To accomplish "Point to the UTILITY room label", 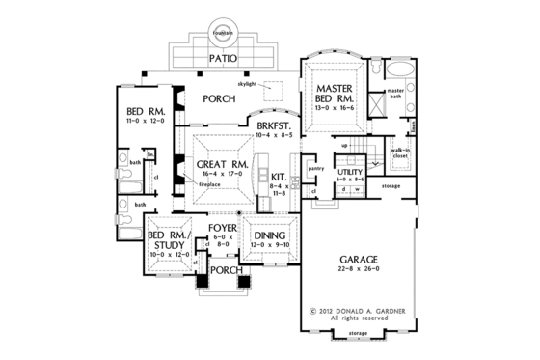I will pyautogui.click(x=350, y=171).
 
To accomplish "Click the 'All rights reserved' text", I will pyautogui.click(x=359, y=318).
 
